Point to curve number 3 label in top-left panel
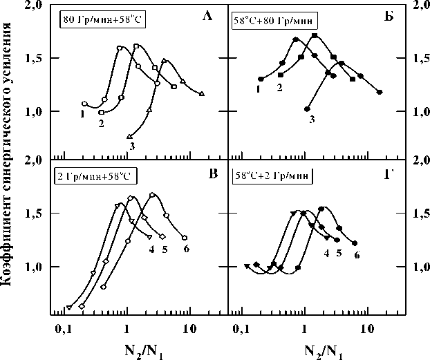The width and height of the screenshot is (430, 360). [131, 146]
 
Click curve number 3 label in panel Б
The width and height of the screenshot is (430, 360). [312, 120]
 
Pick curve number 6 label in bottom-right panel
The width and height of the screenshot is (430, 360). [357, 255]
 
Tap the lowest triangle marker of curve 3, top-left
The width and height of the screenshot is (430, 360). [130, 136]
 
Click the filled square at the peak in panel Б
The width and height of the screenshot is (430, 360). [315, 35]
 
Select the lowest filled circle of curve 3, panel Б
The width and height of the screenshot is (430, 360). [307, 109]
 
